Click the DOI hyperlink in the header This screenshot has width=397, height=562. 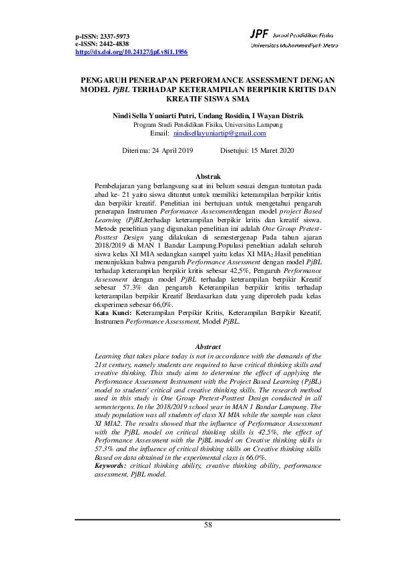[x=131, y=51]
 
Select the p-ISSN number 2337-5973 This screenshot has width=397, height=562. [x=114, y=36]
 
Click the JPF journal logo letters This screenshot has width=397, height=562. [x=259, y=33]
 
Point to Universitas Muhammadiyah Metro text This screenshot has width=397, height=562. [x=294, y=45]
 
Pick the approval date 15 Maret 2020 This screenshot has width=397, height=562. [x=267, y=151]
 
